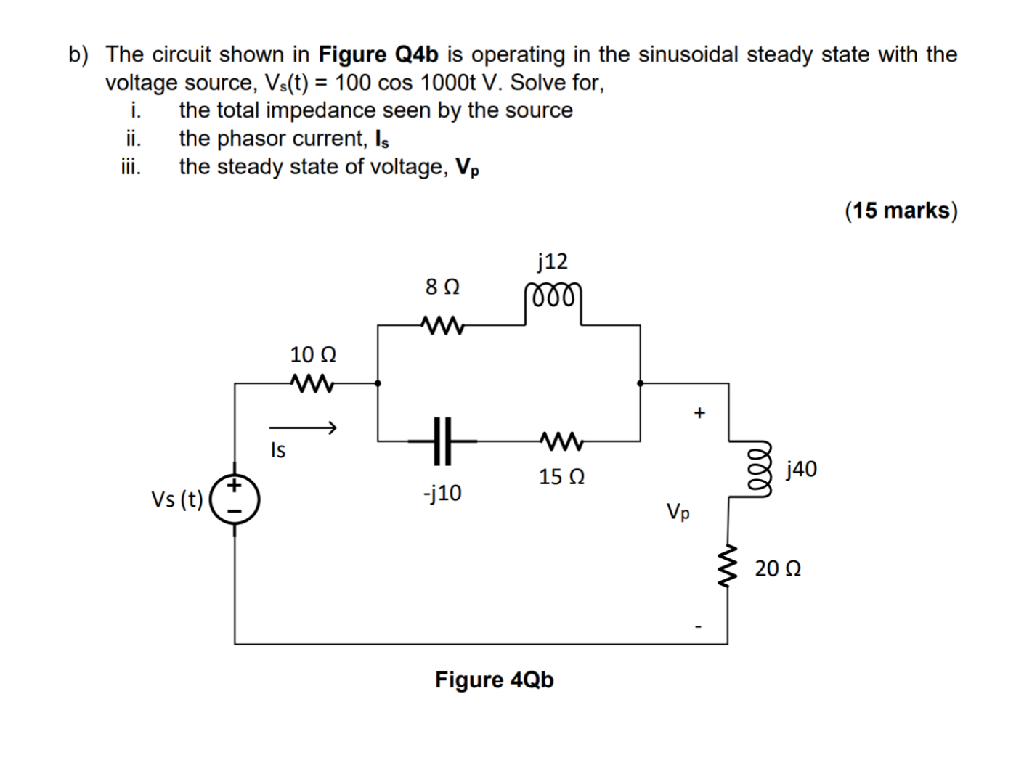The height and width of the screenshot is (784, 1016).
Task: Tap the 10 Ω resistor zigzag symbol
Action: tap(312, 383)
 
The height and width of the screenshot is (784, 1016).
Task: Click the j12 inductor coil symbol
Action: tap(553, 298)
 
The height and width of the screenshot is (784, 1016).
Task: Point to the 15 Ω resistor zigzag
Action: tap(560, 440)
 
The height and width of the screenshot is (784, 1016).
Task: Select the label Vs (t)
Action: tap(177, 499)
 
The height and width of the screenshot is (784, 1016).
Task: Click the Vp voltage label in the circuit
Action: tap(678, 513)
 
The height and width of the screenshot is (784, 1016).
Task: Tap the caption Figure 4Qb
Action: tap(494, 680)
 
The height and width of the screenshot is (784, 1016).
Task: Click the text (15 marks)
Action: tap(901, 211)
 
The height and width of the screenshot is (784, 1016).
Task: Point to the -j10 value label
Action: tap(442, 494)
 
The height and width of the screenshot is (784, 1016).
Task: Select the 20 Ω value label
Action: tap(778, 568)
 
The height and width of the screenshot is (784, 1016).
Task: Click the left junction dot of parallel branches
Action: tap(378, 383)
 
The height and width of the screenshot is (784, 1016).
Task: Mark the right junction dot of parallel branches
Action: tap(640, 383)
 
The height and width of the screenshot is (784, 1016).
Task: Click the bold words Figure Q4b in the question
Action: tap(378, 54)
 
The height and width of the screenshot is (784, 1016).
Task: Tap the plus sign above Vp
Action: tap(699, 413)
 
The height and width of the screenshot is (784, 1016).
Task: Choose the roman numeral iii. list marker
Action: tap(131, 167)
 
